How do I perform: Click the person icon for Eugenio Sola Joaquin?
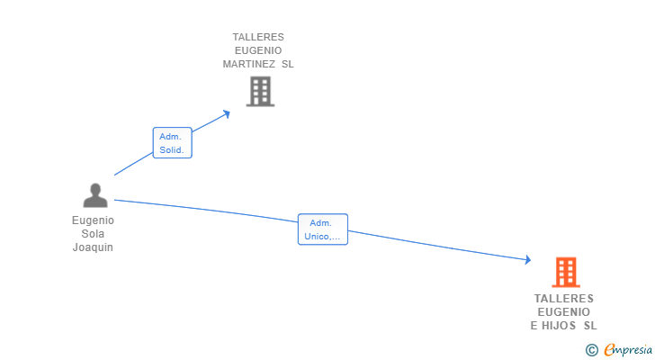coord(94,195)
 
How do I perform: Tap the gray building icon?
coord(260,91)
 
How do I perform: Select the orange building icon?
coord(565,272)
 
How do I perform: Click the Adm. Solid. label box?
coord(172,143)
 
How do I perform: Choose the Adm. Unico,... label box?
coord(322,229)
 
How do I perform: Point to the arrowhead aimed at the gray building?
coord(227,112)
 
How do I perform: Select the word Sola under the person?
coord(94,234)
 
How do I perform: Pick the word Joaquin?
coord(94,247)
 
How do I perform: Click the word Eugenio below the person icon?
coord(94,220)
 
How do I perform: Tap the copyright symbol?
coord(591,349)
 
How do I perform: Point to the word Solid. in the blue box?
coord(172,150)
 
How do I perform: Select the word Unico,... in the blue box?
coord(322,237)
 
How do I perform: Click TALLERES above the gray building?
coord(258,38)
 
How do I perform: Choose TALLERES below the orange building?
coord(564,299)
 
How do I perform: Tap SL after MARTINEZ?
coord(287,64)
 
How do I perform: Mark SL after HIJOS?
coord(590,326)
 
